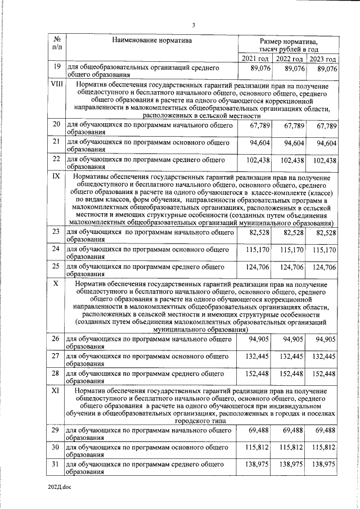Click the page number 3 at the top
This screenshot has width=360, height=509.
click(193, 25)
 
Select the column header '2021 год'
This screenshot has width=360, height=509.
click(255, 58)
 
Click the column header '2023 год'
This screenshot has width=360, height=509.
click(323, 58)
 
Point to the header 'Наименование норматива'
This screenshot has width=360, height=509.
click(151, 40)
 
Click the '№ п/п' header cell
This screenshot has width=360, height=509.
click(56, 44)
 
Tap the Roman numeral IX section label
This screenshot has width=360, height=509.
click(56, 177)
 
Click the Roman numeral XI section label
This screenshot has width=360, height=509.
click(56, 390)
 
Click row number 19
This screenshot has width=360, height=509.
click(56, 68)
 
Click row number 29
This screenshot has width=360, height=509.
click(56, 430)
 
